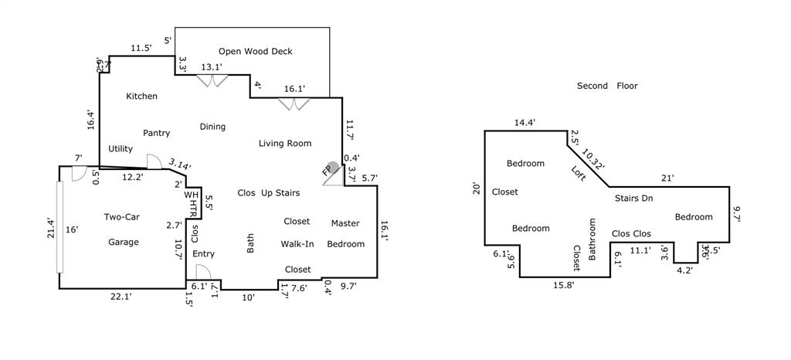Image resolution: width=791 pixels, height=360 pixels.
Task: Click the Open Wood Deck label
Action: [256, 52]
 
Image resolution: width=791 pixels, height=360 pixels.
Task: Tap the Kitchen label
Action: [141, 97]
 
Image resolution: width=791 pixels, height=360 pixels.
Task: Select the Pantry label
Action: [156, 133]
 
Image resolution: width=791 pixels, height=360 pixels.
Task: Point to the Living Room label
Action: [285, 143]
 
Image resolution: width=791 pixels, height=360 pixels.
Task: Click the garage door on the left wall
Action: [59, 226]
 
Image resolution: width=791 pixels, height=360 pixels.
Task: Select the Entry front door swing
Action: [202, 273]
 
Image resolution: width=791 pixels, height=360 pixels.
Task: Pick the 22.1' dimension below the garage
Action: [120, 297]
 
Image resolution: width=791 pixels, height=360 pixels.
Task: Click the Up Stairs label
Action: [280, 192]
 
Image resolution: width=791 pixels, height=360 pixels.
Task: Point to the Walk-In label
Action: [297, 244]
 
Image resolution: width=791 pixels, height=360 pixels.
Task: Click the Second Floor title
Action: [607, 86]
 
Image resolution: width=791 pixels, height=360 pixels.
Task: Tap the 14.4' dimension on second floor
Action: [525, 122]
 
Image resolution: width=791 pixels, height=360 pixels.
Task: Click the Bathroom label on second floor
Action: [593, 239]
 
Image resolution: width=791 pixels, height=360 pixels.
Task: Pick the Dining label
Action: [212, 127]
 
